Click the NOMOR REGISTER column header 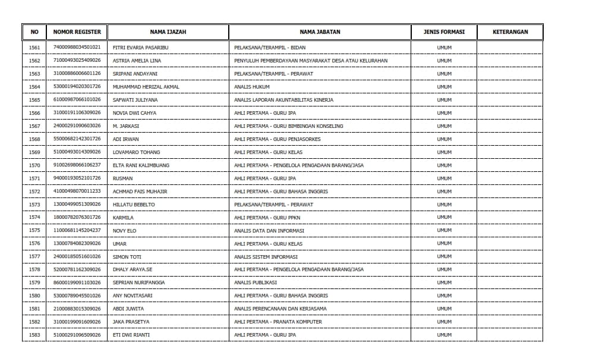coord(77,32)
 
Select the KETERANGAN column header coord(510,32)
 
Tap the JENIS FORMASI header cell coord(444,32)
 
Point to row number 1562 coord(34,61)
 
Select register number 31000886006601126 coord(77,74)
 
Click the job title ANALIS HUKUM coord(252,87)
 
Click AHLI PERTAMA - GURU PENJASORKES coord(277,139)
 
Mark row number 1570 coord(34,165)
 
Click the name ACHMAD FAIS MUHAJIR coord(140,192)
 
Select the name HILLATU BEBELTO coord(133,205)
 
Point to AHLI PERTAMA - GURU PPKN coord(267,218)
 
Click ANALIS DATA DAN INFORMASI coord(269,231)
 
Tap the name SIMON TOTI coord(127,257)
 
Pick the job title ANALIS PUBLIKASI coord(256,283)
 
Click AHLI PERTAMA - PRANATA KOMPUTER coord(278,322)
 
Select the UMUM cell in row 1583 coord(444,335)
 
